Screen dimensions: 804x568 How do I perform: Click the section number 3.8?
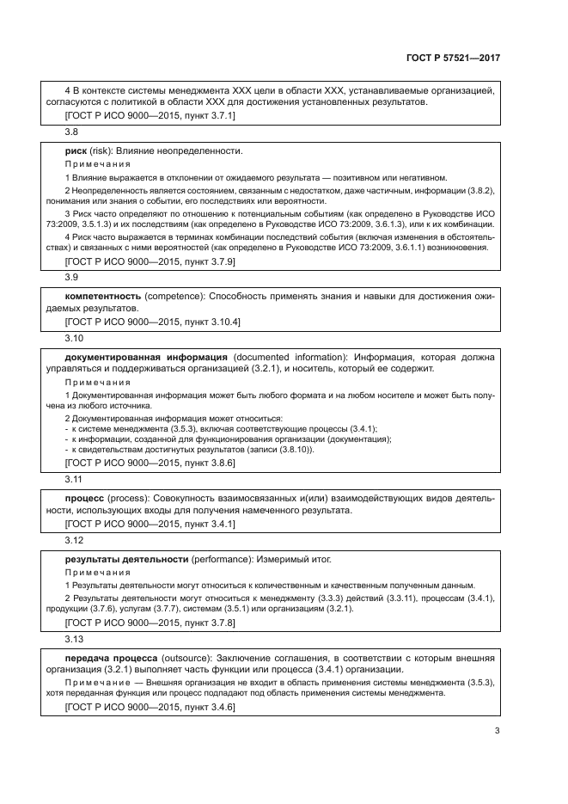coord(71,132)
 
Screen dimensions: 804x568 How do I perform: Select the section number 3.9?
coord(71,278)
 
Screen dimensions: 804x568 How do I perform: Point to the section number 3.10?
coord(73,338)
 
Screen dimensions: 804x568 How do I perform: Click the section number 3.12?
coord(73,539)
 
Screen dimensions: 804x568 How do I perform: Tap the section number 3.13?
coord(73,639)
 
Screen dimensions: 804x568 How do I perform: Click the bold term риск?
coord(76,150)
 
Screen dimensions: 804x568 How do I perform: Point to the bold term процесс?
coord(85,497)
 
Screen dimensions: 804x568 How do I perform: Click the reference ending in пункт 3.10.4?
coord(153,321)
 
